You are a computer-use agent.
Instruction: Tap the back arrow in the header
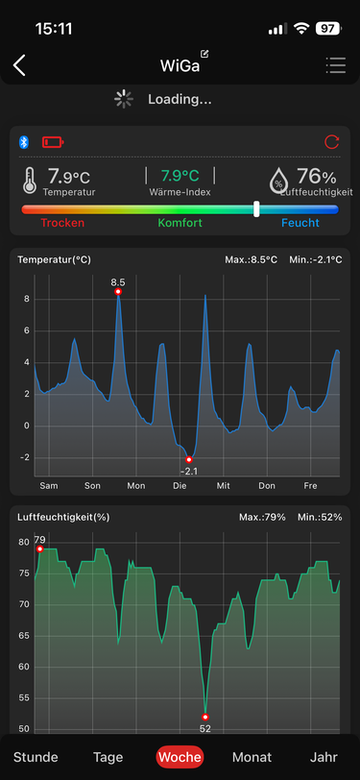point(19,65)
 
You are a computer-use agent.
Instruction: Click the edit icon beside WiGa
point(204,54)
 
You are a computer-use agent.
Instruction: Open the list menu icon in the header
point(336,65)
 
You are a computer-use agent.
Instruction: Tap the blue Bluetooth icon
point(24,142)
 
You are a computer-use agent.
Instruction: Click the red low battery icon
point(53,143)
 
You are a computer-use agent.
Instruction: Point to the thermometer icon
point(30,180)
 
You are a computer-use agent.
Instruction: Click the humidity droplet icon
point(278,180)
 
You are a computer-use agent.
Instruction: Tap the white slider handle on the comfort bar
point(256,209)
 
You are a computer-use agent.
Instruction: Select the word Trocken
point(62,223)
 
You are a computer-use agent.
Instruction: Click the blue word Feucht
point(300,223)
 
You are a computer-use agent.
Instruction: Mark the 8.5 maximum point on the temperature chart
point(118,291)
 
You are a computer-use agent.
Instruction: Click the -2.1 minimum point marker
point(189,459)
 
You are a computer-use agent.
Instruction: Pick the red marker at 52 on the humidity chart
point(204,717)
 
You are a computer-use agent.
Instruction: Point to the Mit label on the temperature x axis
point(224,485)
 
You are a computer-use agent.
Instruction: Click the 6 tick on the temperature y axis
point(26,330)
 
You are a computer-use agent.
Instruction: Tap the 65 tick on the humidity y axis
point(24,636)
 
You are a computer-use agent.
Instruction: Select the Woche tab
point(180,758)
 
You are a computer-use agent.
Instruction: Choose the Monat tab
point(252,758)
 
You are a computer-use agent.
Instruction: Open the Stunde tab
point(36,758)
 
